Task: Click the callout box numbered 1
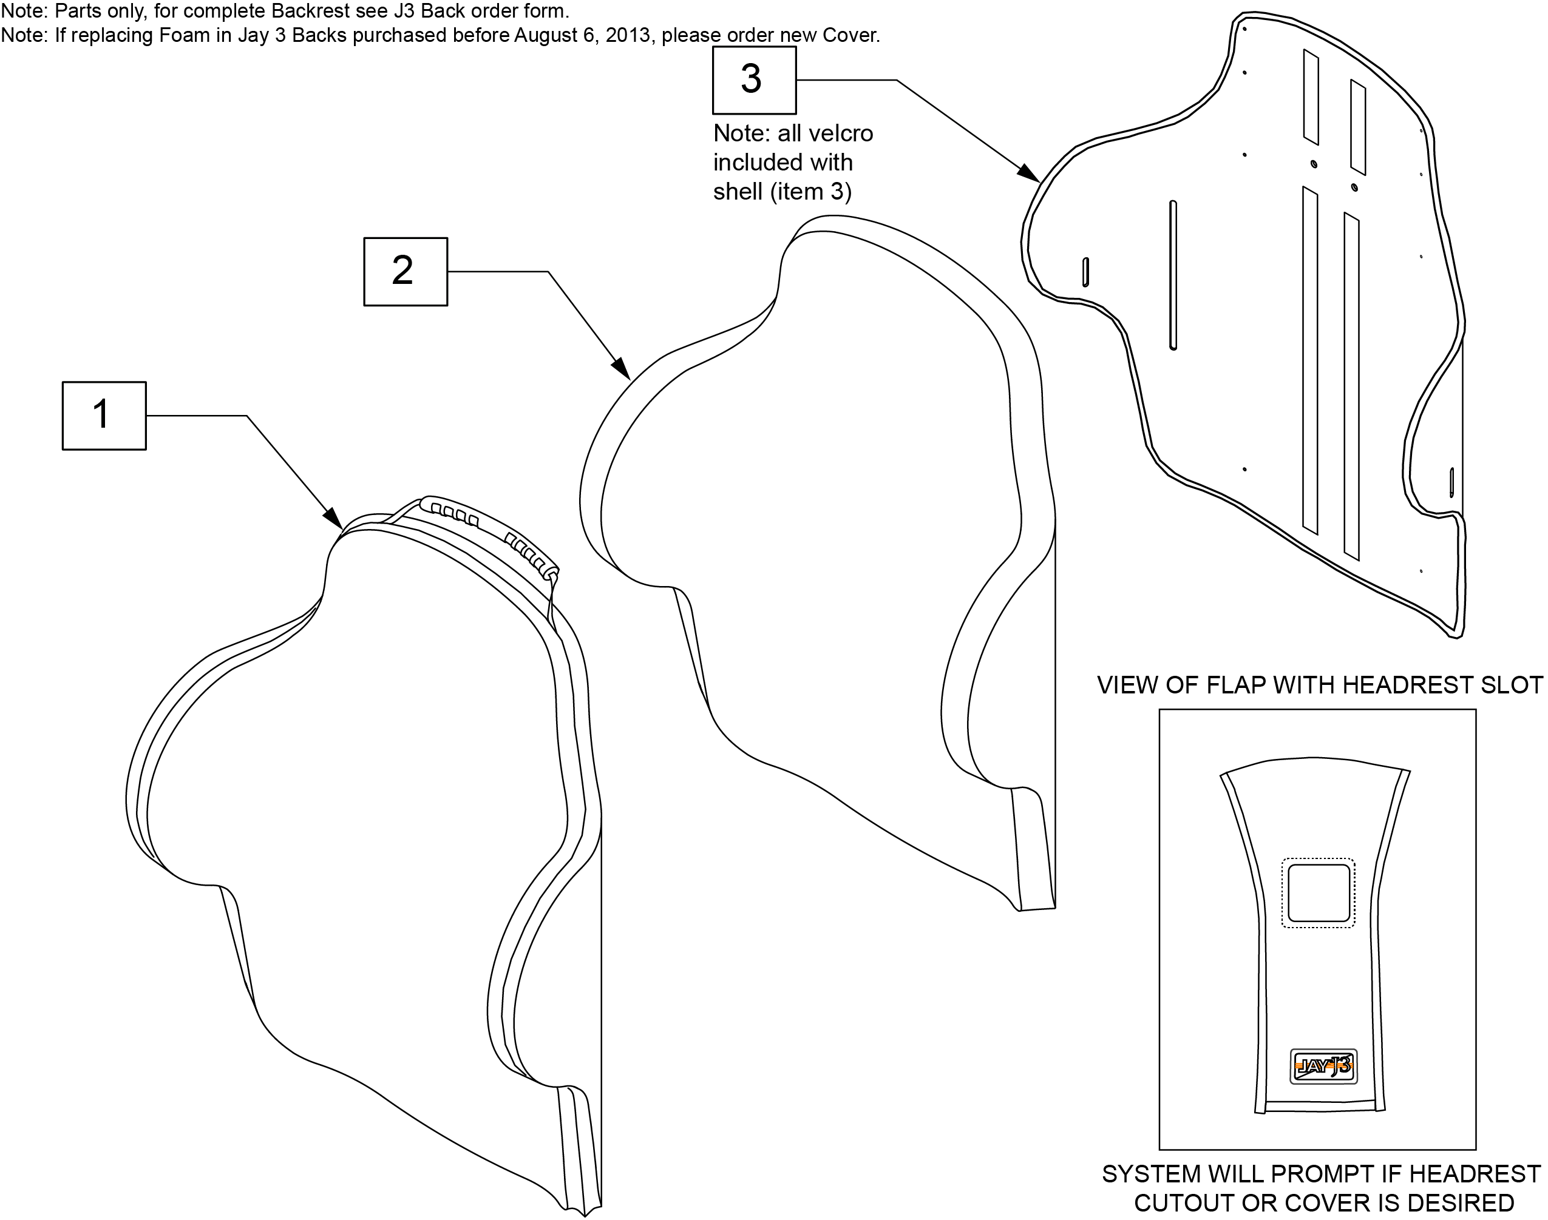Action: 104,416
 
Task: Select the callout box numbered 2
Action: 406,271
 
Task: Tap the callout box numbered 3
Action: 754,80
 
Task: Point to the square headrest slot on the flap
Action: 1319,893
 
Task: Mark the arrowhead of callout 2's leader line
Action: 621,369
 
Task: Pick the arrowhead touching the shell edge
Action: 1029,174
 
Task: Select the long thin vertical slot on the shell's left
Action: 1173,275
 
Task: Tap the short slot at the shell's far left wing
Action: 1085,272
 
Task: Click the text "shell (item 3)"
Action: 782,192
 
